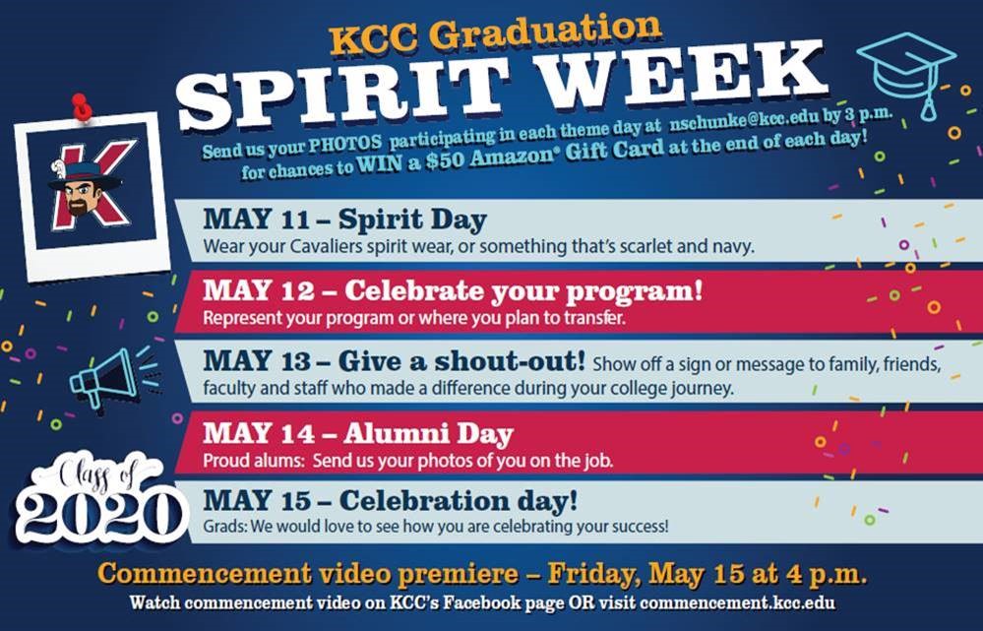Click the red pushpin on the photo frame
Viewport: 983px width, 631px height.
[x=82, y=106]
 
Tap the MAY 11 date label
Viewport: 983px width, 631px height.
[x=257, y=221]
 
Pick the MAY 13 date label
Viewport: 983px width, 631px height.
[x=257, y=362]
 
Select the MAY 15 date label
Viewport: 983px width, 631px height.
[x=257, y=500]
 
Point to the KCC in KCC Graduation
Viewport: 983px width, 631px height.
[x=374, y=40]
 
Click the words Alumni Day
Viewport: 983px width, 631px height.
[x=428, y=434]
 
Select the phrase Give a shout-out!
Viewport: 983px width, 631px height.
[x=461, y=361]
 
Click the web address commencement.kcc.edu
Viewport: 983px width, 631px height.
[x=738, y=602]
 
